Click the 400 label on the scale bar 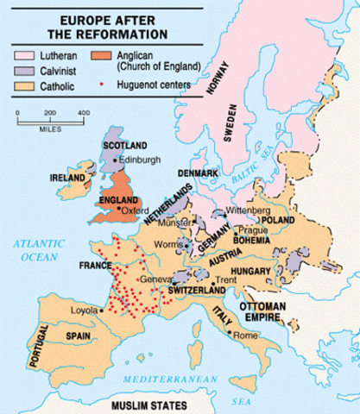point(84,113)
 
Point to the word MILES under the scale point(51,132)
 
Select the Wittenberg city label point(248,210)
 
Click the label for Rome point(246,335)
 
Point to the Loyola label point(83,310)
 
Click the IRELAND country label point(67,177)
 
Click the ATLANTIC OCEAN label point(38,250)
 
